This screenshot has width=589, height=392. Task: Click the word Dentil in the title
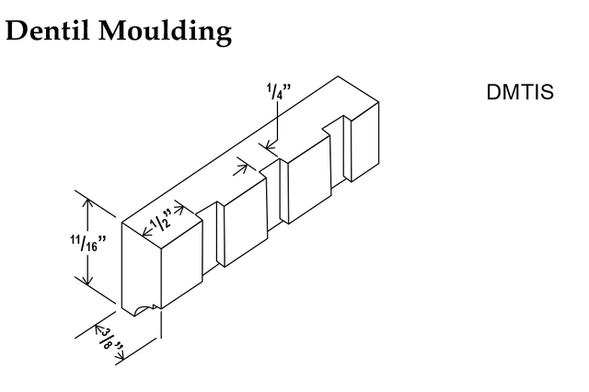48,30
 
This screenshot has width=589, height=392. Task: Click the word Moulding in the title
165,33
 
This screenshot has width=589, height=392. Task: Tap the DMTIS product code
520,92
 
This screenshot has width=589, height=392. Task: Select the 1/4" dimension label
279,91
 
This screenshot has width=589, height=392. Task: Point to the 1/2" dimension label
161,221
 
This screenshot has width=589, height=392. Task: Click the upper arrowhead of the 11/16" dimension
87,203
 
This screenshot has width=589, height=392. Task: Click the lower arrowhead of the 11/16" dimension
87,280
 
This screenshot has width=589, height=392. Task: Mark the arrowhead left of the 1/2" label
147,233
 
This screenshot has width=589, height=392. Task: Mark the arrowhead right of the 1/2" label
179,209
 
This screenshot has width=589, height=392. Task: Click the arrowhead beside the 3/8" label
98,329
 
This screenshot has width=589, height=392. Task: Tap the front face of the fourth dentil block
364,142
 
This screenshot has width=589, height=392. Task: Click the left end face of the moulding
142,269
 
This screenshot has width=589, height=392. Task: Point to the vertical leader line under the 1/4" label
277,121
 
